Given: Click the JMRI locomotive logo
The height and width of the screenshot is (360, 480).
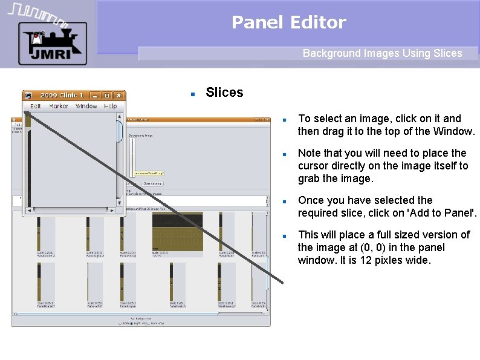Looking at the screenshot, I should tap(51, 43).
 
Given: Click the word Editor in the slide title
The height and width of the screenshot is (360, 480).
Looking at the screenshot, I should tap(318, 23).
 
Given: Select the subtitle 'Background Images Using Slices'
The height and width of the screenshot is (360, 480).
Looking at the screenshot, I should tap(382, 53).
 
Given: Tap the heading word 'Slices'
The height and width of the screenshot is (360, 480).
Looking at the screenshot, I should tap(224, 93).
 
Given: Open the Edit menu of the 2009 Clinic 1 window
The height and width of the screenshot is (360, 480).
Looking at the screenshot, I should tap(36, 106).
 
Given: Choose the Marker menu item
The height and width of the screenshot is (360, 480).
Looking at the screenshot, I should tap(59, 106).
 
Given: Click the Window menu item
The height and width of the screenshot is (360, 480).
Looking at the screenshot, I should tap(86, 106).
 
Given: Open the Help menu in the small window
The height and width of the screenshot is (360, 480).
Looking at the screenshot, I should tap(110, 106).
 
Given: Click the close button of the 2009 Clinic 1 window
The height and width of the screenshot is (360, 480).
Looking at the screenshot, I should tap(119, 95).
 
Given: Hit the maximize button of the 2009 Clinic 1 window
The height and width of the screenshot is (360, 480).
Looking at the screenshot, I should tap(107, 95).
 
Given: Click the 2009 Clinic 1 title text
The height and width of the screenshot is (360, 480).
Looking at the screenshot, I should tap(62, 95).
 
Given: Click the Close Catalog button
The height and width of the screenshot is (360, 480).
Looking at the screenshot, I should tap(152, 183).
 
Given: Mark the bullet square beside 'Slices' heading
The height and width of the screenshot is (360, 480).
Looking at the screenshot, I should tap(192, 94).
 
